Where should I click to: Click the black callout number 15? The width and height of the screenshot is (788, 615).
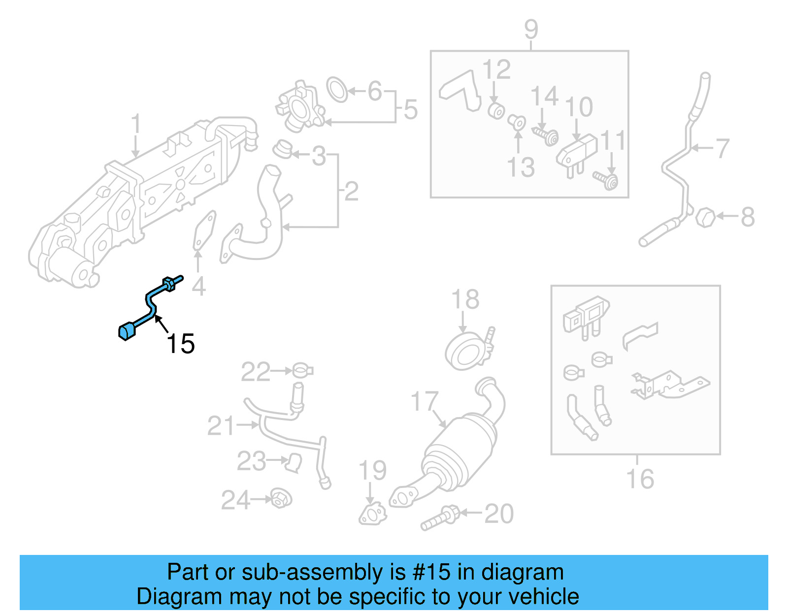point(181,344)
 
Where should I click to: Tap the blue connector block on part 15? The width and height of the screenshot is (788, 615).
point(127,331)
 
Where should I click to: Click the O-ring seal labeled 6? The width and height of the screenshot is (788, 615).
point(337,90)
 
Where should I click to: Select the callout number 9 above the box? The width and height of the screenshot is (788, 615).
point(531,30)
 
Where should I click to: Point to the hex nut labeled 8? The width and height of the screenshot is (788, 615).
point(705,217)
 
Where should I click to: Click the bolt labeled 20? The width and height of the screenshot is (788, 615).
point(439,518)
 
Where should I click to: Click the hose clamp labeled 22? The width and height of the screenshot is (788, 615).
point(301,370)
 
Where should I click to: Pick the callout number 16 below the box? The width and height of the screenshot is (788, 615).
point(640,479)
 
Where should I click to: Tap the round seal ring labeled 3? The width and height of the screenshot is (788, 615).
point(283,149)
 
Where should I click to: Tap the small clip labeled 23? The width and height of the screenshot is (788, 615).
point(294,462)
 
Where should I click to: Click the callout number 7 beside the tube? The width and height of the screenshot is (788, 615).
point(722,148)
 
